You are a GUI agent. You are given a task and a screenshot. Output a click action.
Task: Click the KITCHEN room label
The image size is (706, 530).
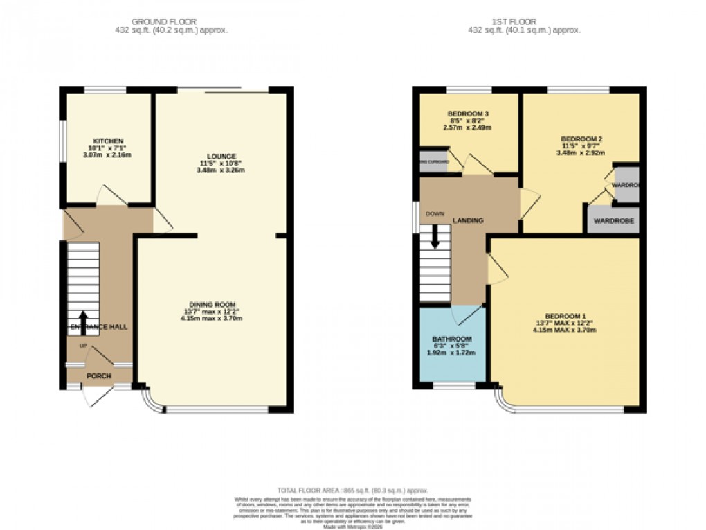[106, 141]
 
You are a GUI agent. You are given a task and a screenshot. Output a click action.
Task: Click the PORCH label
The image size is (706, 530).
[98, 376]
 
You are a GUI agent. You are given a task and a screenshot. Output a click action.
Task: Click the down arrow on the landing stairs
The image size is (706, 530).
[435, 239]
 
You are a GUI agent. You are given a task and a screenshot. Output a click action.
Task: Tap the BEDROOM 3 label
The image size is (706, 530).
[468, 114]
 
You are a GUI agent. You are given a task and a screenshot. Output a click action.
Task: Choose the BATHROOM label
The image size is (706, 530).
[452, 339]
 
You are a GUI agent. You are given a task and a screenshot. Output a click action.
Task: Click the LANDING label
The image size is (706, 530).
[468, 220]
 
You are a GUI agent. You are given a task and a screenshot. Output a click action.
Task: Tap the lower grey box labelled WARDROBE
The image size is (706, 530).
[613, 222]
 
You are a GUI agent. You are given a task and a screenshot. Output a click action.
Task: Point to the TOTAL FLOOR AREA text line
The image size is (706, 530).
[352, 489]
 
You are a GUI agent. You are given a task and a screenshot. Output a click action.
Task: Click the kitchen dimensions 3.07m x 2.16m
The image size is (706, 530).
[106, 154]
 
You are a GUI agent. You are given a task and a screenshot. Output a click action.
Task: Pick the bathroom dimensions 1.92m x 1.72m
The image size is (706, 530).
[452, 353]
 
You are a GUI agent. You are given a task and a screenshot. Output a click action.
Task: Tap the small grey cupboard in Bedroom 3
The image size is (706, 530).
[433, 162]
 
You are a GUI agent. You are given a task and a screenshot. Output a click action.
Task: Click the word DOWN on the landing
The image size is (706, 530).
[435, 213]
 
